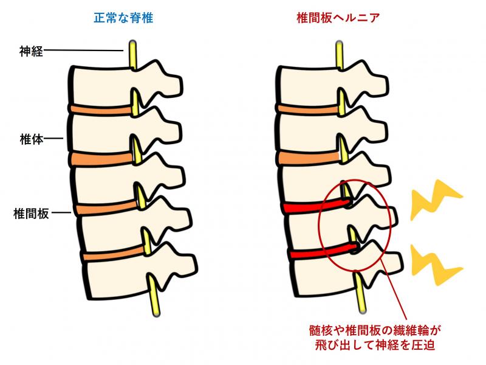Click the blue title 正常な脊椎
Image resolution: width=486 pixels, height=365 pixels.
click(123, 18)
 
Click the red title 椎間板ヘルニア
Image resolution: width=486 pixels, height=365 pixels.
click(338, 18)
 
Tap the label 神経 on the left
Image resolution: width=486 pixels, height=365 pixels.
click(31, 51)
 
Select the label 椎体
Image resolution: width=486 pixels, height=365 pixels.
click(32, 139)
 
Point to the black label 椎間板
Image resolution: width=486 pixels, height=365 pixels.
click(31, 214)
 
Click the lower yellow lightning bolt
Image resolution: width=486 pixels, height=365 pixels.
click(436, 265)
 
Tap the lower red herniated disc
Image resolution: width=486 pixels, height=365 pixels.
click(324, 250)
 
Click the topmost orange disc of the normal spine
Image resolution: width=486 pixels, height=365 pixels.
click(101, 109)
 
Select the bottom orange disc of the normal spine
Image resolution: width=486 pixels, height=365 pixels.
click(114, 252)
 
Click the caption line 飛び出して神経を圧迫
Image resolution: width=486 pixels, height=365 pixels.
click(375, 345)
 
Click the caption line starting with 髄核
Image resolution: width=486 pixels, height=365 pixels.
click(375, 330)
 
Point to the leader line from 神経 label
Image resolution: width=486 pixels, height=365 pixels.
click(83, 50)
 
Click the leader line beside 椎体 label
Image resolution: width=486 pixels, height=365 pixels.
click(53, 139)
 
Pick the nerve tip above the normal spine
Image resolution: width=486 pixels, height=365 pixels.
click(132, 42)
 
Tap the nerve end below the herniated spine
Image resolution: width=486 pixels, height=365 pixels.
click(362, 310)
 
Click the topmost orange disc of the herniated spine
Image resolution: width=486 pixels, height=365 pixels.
click(309, 109)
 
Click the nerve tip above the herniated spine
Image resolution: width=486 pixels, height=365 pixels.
click(339, 43)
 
